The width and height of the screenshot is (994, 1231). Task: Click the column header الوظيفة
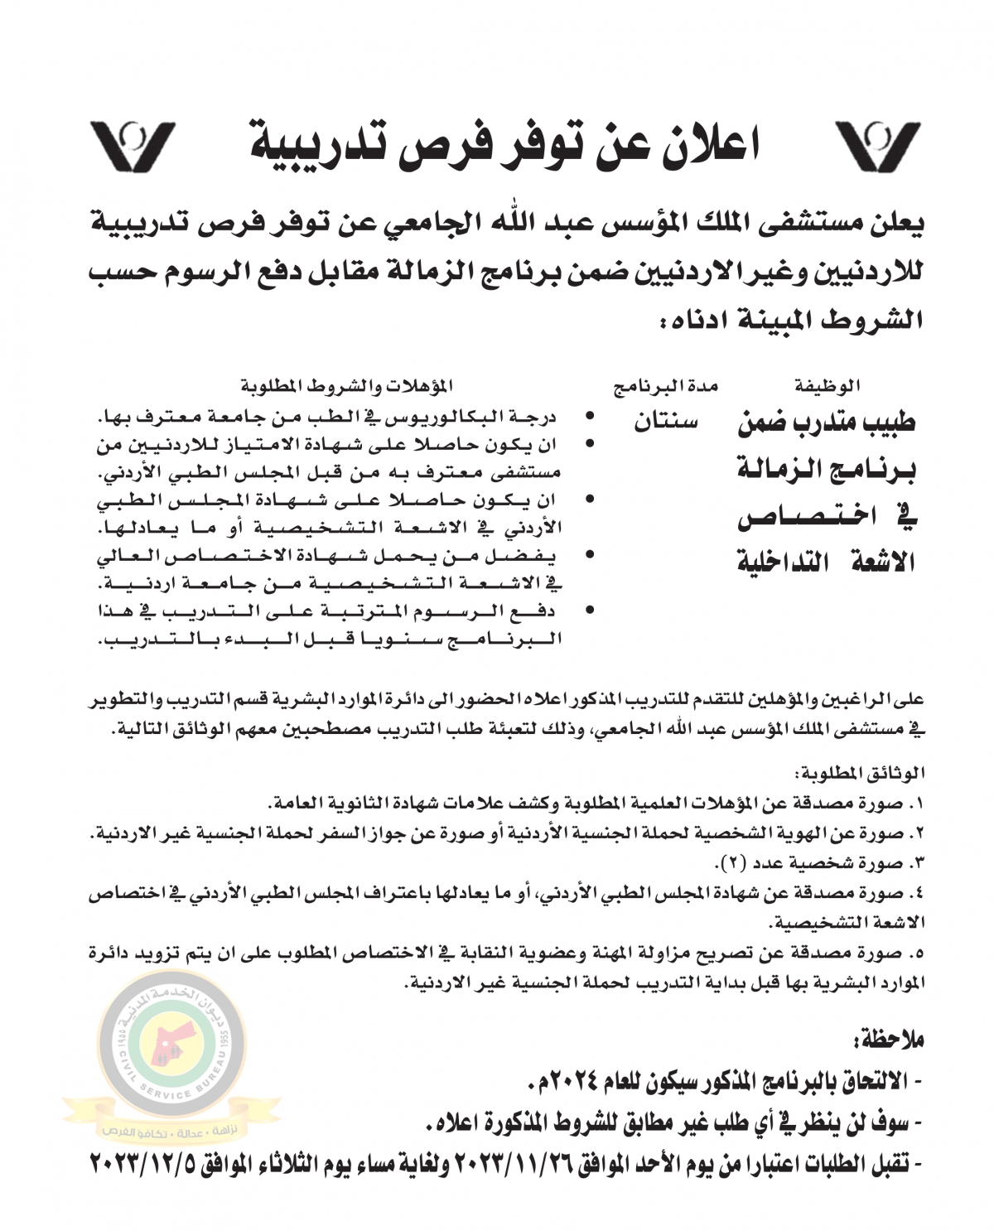(x=827, y=385)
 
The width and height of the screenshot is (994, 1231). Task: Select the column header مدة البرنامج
(x=665, y=385)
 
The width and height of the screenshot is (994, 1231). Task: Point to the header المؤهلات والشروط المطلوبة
(x=348, y=385)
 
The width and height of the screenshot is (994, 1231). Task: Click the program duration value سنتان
(x=666, y=422)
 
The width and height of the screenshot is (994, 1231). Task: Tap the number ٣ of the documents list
(x=915, y=862)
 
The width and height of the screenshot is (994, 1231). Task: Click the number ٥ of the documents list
(x=915, y=953)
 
